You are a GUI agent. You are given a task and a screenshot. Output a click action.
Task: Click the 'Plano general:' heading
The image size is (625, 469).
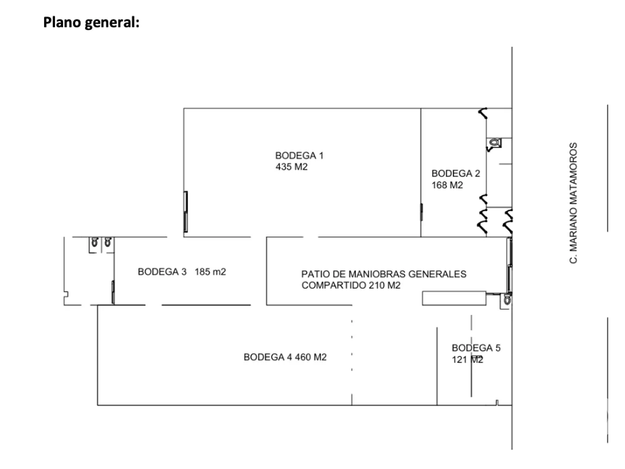91,22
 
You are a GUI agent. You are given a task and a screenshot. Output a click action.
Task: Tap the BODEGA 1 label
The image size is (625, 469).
299,156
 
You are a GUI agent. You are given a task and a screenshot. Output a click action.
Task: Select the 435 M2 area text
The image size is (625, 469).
291,167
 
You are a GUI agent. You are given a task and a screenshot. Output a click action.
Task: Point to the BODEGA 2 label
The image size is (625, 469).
455,174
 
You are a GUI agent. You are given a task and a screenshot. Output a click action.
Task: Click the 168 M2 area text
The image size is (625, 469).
447,185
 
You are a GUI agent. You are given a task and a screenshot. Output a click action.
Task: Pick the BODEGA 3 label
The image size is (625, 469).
162,272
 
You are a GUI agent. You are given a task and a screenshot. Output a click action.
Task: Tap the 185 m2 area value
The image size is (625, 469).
210,272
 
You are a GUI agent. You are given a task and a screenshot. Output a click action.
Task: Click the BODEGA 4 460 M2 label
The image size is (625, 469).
285,357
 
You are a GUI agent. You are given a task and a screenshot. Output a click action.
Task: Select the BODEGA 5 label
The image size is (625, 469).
476,348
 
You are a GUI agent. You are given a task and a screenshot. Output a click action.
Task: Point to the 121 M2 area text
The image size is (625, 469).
467,359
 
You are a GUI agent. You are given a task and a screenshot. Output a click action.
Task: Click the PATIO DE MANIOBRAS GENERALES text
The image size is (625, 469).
384,274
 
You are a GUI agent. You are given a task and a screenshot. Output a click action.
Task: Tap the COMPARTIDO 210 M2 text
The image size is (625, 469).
351,286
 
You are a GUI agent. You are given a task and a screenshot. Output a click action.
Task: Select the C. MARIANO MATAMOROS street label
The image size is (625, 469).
573,203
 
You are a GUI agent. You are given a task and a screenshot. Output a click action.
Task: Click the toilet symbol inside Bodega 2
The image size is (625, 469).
494,143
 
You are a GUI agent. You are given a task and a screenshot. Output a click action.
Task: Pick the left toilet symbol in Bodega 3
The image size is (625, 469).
95,242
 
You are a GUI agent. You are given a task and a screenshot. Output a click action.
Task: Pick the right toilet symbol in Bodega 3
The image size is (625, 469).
108,242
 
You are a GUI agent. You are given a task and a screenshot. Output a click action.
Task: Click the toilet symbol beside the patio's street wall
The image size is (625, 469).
507,300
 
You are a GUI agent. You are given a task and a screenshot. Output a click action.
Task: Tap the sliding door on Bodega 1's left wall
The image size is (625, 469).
185,212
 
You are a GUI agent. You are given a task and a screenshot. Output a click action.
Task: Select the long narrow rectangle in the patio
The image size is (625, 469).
454,299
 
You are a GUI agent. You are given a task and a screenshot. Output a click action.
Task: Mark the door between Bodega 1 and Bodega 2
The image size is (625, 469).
421,212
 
